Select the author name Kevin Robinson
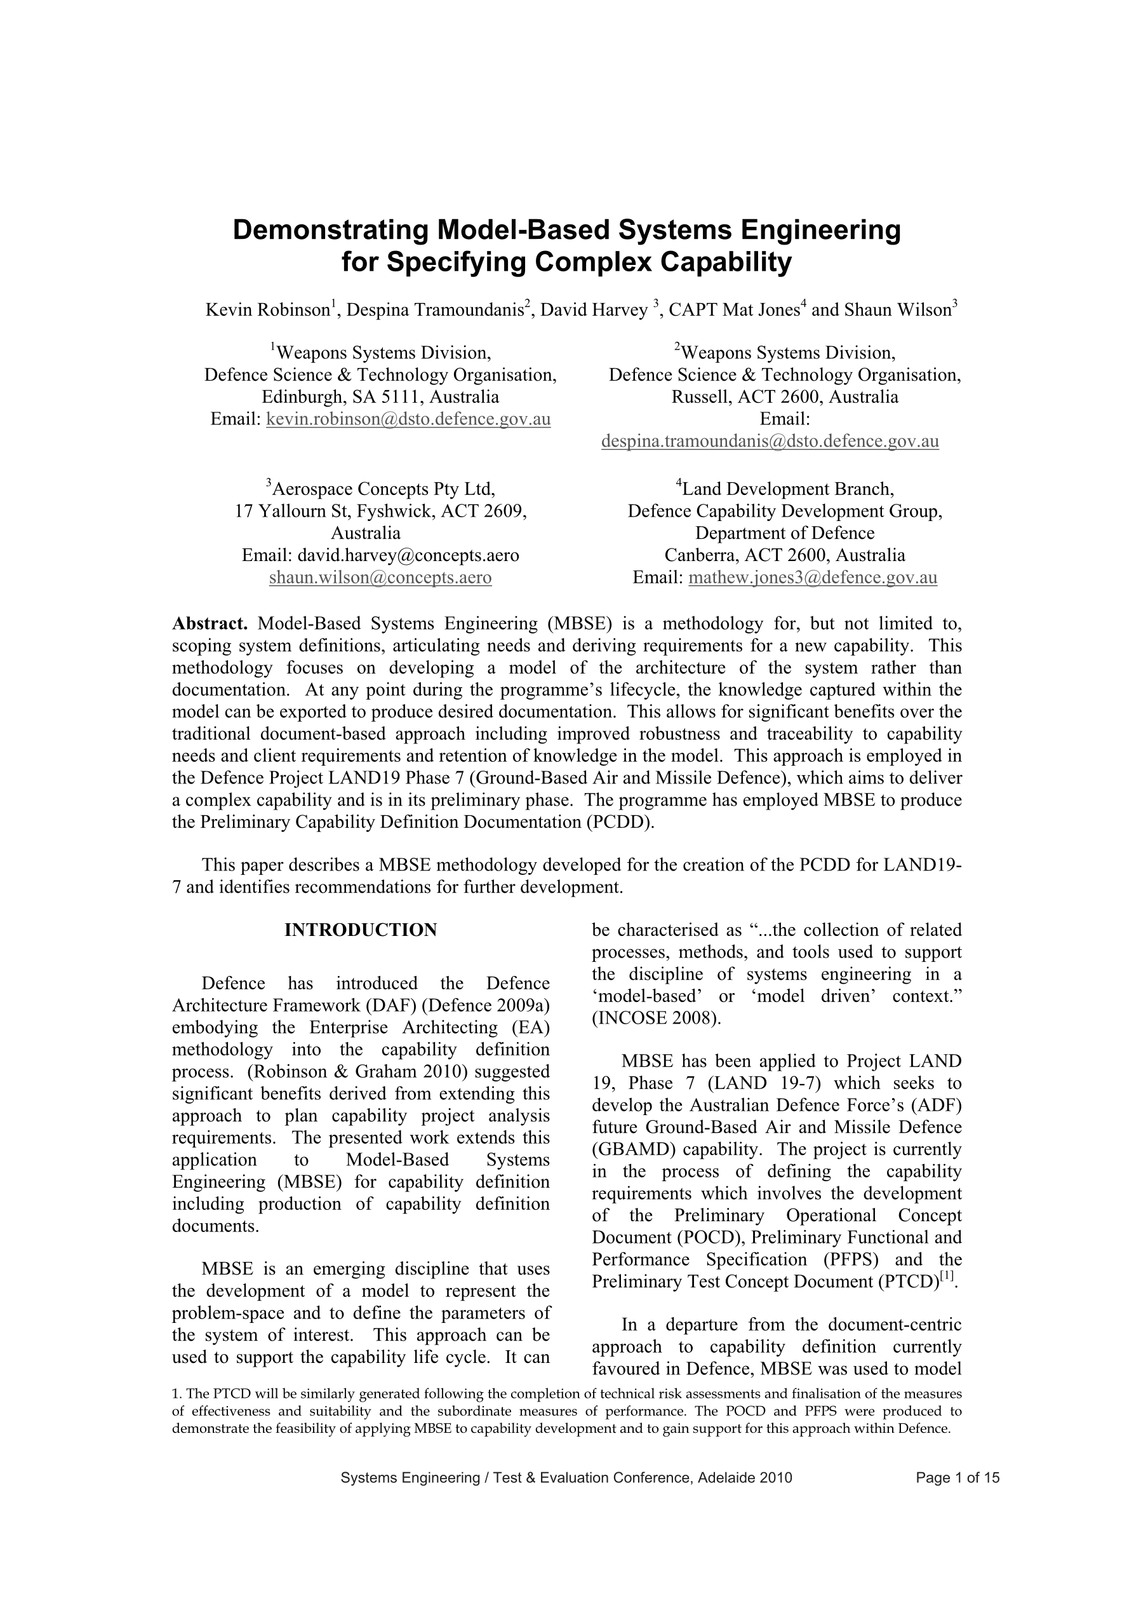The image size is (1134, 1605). [x=267, y=309]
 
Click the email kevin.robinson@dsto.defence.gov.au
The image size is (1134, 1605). [x=408, y=419]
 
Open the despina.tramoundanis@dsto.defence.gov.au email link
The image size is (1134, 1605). [x=770, y=442]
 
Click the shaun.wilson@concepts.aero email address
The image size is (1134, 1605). [x=380, y=578]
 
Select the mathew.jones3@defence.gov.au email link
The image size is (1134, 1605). [x=812, y=578]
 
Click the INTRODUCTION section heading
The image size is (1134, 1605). [x=361, y=930]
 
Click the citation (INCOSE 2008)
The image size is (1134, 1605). [x=655, y=1019]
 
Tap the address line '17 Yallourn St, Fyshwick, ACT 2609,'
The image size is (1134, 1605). [x=380, y=511]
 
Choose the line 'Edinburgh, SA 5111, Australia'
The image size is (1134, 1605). [x=380, y=398]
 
